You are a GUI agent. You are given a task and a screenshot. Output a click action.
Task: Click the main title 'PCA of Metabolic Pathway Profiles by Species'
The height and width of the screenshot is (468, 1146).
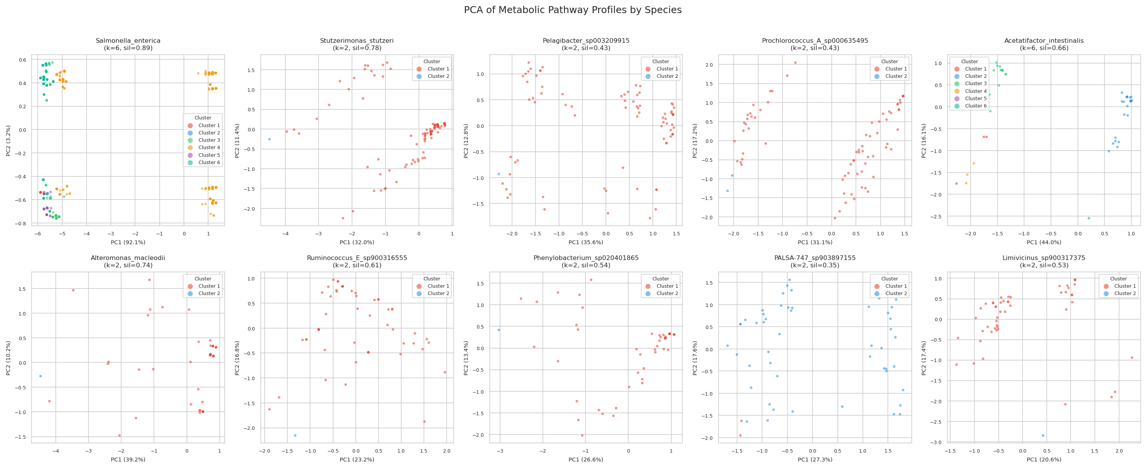tap(572, 10)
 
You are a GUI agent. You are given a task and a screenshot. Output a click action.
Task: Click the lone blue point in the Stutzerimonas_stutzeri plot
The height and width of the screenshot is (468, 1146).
tap(269, 139)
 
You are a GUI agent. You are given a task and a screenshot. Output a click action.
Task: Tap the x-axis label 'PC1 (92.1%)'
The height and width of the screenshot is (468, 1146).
tap(128, 242)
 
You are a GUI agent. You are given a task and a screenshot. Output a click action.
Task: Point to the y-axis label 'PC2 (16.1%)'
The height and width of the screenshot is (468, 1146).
tap(924, 141)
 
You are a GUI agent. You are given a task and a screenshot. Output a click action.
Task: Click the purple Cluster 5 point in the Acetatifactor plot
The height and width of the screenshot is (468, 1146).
tap(956, 183)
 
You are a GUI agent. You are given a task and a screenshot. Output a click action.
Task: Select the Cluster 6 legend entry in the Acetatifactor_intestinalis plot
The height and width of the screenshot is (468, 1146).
tap(975, 106)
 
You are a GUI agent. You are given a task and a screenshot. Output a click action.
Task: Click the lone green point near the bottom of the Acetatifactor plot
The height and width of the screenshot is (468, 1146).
tap(1089, 218)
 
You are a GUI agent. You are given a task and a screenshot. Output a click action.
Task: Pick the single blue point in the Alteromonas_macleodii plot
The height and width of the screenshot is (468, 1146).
tap(40, 376)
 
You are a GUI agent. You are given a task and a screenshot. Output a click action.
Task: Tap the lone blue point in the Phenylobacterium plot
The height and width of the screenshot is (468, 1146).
tap(499, 330)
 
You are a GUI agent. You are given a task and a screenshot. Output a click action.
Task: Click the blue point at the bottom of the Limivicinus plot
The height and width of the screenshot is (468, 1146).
tap(1043, 436)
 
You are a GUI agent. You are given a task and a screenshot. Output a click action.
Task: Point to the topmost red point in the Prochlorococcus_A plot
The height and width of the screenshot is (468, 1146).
tap(795, 63)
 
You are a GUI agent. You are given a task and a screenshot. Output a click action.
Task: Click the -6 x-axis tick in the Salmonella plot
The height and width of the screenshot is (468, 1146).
tap(38, 233)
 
